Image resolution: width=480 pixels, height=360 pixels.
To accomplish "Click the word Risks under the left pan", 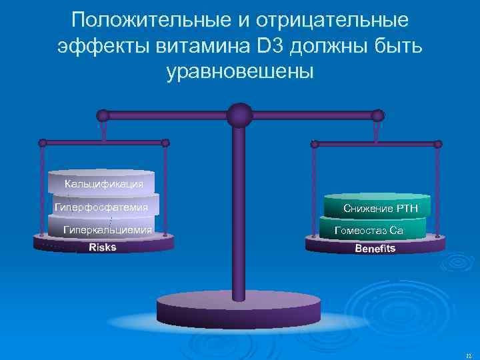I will [102, 247].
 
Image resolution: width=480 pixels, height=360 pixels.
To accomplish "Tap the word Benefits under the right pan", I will [375, 249].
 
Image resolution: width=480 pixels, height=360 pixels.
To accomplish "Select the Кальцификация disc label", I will [104, 183].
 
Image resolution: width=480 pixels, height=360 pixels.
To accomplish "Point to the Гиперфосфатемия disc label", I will [101, 207].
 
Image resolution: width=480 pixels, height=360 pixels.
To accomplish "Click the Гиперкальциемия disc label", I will [107, 230].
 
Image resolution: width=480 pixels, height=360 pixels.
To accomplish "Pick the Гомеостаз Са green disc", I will [370, 231].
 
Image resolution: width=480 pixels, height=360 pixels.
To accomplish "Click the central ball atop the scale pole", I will [239, 115].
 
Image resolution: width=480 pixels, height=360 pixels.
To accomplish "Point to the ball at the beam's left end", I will [102, 115].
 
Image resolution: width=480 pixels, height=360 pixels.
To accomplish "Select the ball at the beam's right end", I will [378, 115].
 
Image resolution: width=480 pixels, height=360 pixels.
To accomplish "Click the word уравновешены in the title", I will [239, 70].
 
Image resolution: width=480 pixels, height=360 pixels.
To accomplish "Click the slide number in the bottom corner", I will [469, 356].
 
